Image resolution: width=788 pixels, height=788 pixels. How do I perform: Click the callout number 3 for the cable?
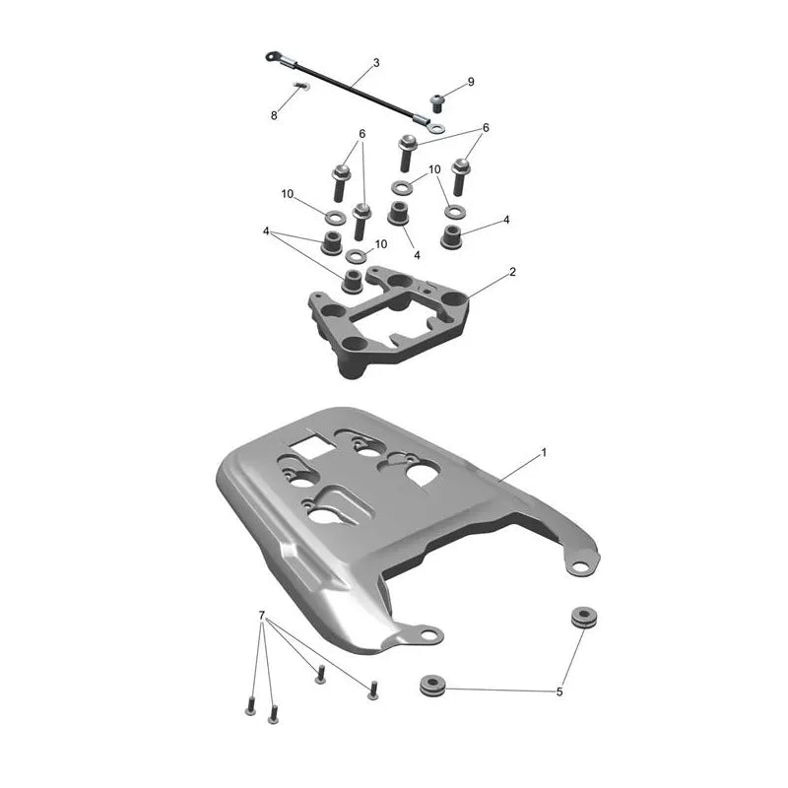(x=376, y=63)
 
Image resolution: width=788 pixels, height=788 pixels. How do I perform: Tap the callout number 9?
(x=471, y=82)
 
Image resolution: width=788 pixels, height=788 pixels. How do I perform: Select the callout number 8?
(x=274, y=115)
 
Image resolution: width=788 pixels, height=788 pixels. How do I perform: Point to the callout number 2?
(x=512, y=272)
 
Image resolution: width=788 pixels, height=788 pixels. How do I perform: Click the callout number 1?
(x=543, y=453)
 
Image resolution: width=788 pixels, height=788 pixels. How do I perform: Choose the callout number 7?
(x=261, y=615)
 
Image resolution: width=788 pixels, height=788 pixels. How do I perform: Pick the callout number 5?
(x=559, y=692)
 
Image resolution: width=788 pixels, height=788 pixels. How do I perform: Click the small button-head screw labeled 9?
(x=438, y=103)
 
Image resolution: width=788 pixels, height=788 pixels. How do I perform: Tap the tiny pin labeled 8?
(x=301, y=86)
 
